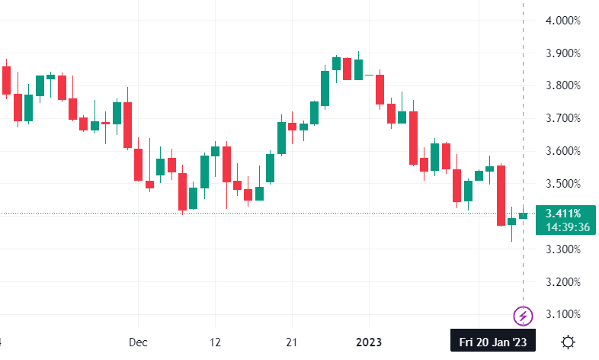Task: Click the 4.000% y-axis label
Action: click(x=562, y=21)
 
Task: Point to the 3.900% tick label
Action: click(x=562, y=53)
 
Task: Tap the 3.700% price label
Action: click(x=562, y=118)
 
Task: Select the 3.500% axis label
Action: click(x=562, y=184)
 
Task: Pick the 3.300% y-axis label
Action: click(x=562, y=249)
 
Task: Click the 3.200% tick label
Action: click(x=562, y=282)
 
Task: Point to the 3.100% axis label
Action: click(x=562, y=314)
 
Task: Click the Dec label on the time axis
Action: click(x=138, y=342)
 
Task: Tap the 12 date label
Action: click(x=215, y=342)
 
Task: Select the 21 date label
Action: click(x=291, y=342)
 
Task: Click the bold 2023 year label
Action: click(x=369, y=342)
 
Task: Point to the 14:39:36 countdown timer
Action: click(x=568, y=227)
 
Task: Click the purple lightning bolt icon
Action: click(x=523, y=316)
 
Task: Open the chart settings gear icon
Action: click(x=568, y=342)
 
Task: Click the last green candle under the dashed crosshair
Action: click(x=523, y=216)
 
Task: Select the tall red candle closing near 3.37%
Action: click(x=501, y=195)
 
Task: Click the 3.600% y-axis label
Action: click(x=562, y=151)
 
